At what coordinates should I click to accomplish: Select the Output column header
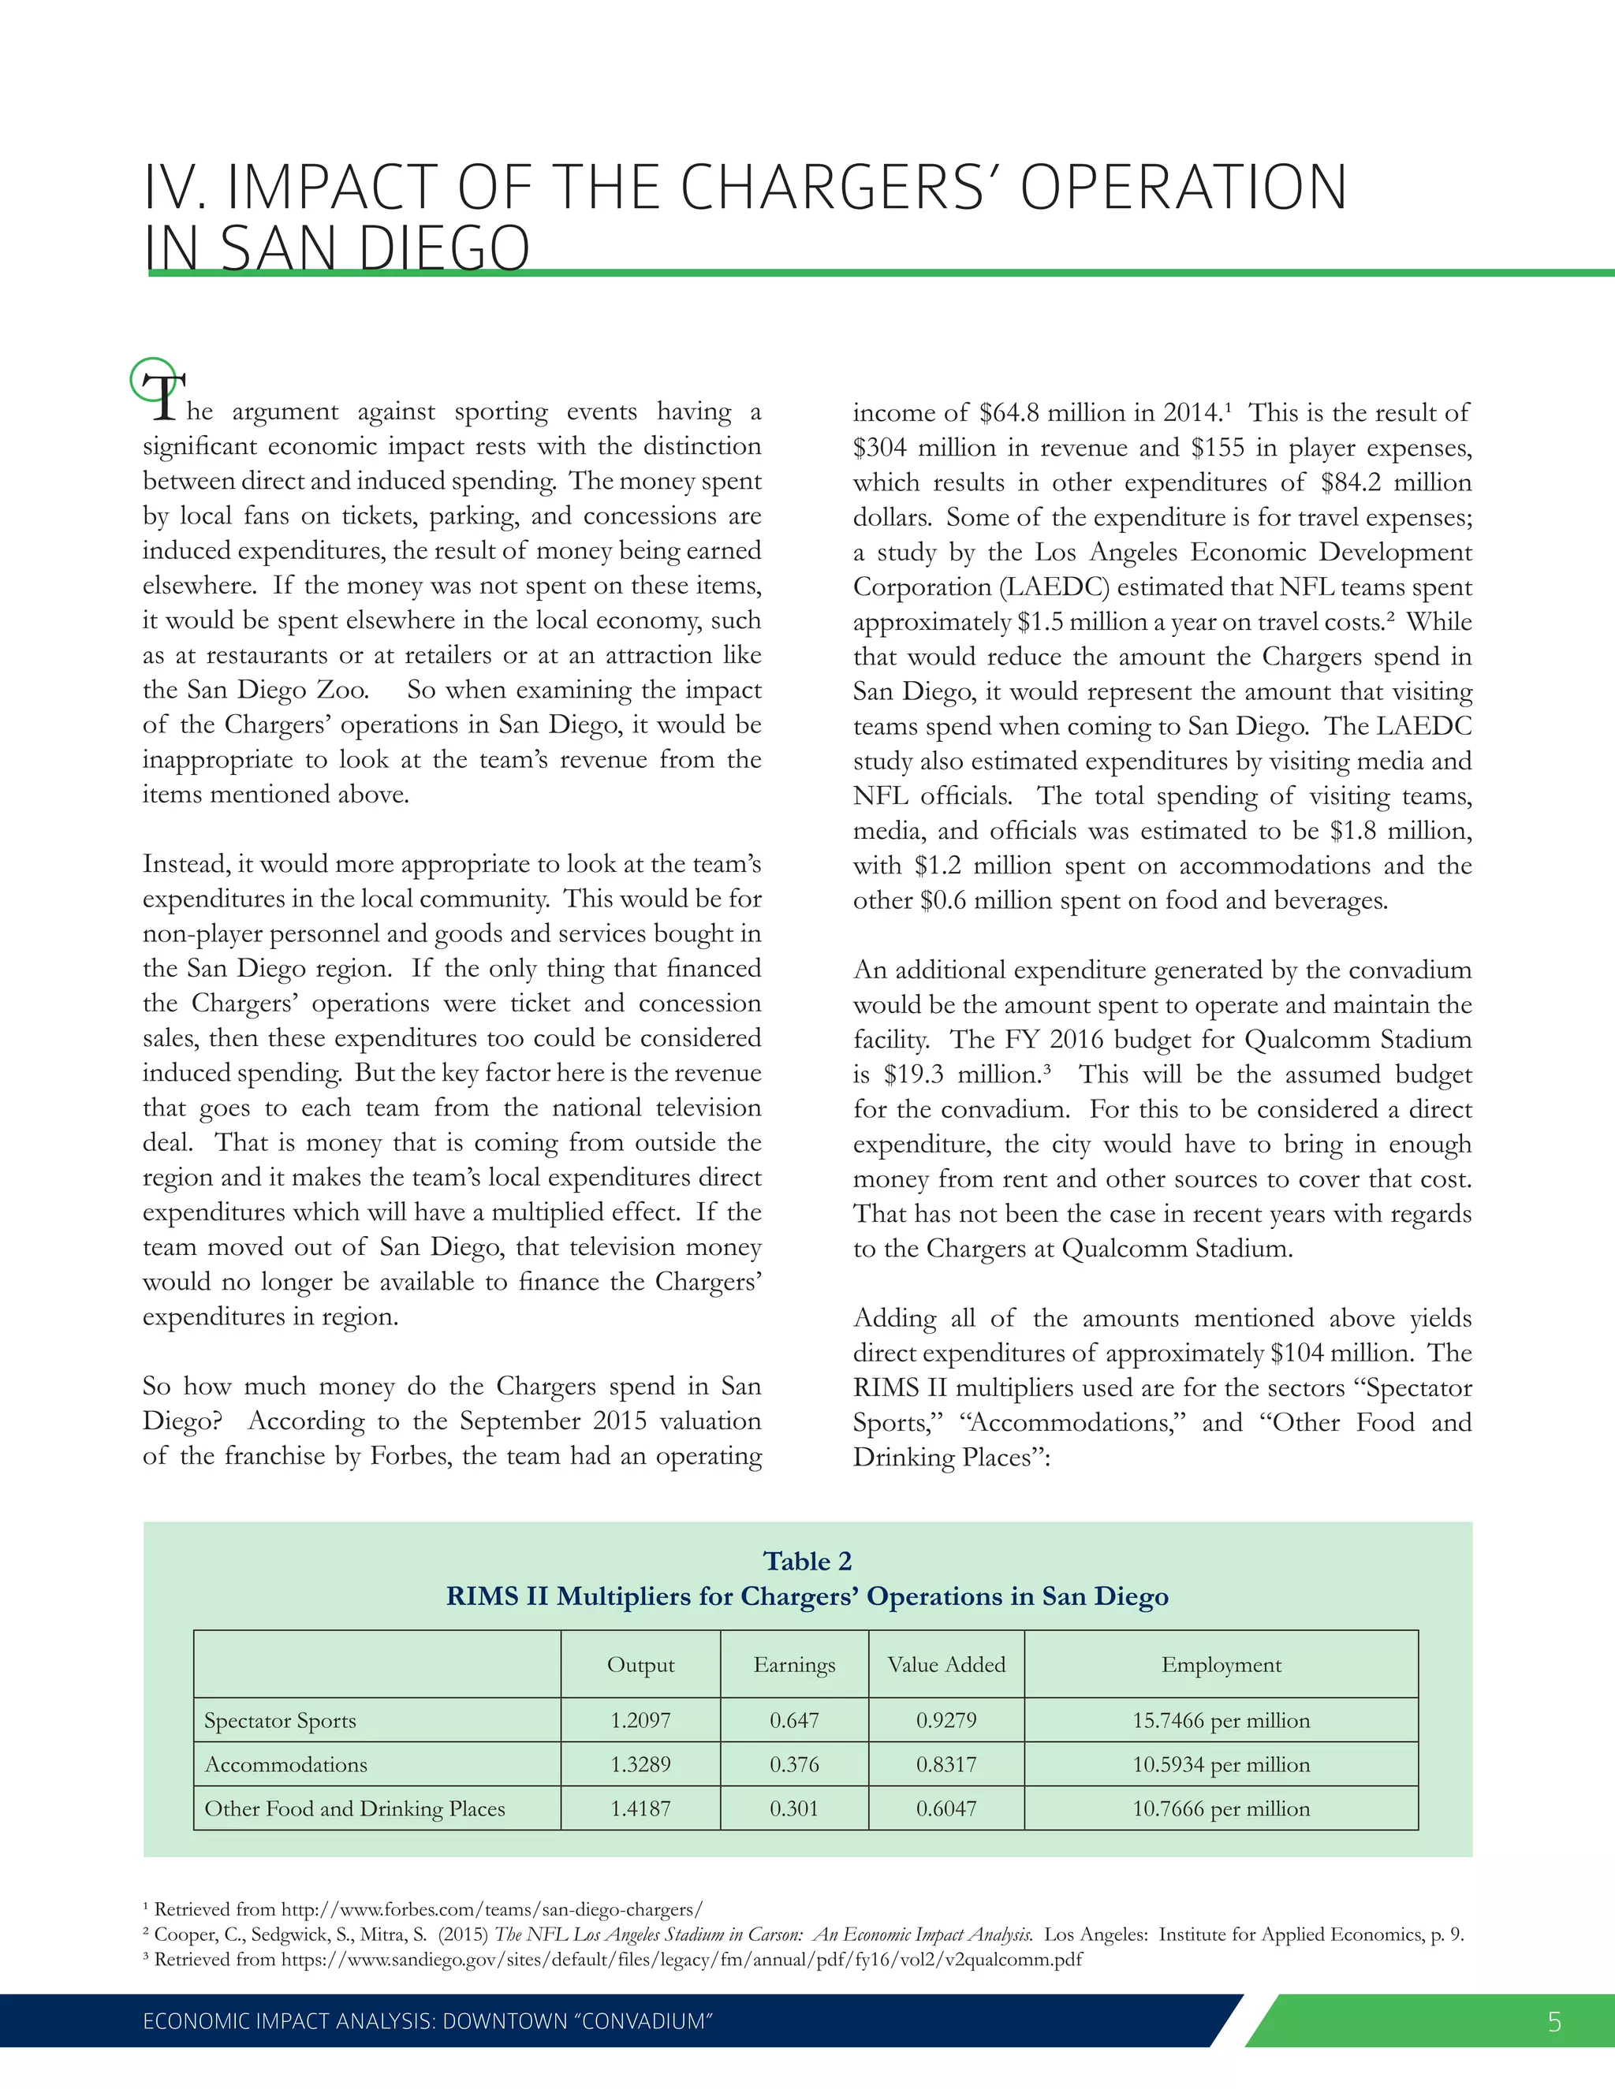[x=640, y=1664]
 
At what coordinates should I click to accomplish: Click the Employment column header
[x=1221, y=1664]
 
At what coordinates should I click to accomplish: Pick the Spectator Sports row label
[x=279, y=1721]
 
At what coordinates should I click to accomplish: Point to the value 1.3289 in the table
[x=640, y=1765]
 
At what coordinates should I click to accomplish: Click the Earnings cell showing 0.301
[x=794, y=1808]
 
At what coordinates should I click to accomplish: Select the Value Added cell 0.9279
[x=946, y=1721]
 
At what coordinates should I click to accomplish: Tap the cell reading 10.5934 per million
[x=1221, y=1765]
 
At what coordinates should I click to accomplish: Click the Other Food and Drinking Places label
[x=354, y=1808]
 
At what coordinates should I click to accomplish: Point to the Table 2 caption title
[x=807, y=1561]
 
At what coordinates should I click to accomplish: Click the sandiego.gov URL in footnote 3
[x=681, y=1959]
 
